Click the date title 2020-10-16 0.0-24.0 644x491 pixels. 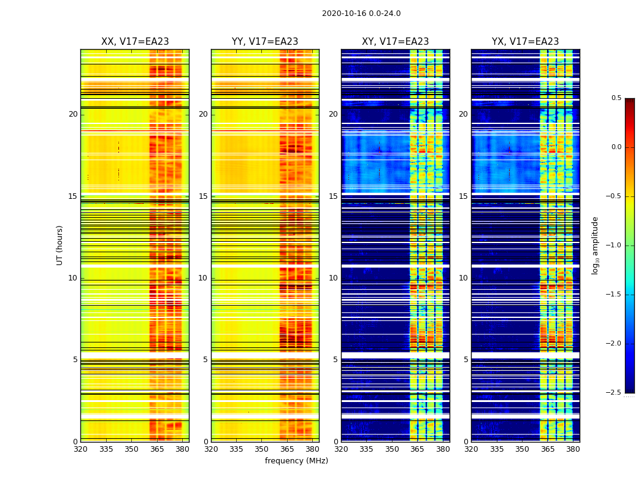[x=361, y=14]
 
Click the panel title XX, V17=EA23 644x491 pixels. [x=135, y=42]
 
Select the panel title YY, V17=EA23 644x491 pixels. [x=265, y=42]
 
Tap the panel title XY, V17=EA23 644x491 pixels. [x=395, y=42]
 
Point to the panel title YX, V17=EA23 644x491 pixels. [x=525, y=42]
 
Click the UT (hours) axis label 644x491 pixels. [x=60, y=245]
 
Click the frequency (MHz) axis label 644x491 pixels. [x=296, y=461]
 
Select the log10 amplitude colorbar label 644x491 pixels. [x=596, y=245]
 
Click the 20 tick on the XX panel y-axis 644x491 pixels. [x=73, y=114]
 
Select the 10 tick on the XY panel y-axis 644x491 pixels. [x=332, y=278]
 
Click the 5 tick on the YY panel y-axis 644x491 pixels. [x=205, y=360]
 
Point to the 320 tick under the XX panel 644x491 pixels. [x=80, y=449]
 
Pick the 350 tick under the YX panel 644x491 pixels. [x=522, y=449]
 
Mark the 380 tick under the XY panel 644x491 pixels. [x=443, y=449]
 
